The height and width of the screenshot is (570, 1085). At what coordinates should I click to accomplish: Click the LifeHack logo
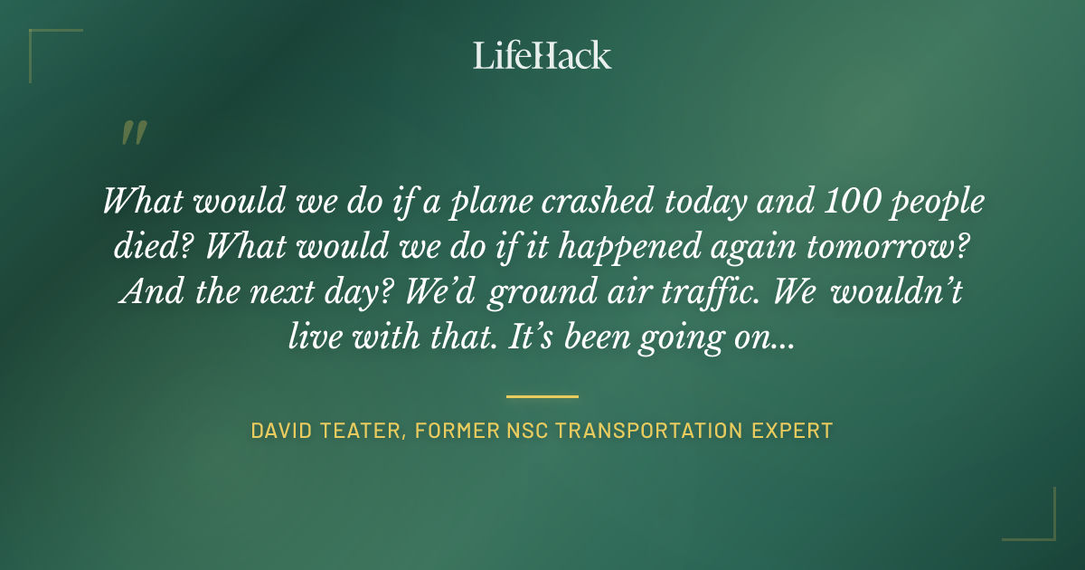(542, 55)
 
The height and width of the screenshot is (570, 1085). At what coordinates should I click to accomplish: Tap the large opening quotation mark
(134, 134)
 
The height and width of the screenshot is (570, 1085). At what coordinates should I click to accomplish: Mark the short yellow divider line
(542, 396)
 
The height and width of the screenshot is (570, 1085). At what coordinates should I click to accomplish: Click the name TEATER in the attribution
(364, 431)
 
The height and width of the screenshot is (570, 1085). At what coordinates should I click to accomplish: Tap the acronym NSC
(523, 431)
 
